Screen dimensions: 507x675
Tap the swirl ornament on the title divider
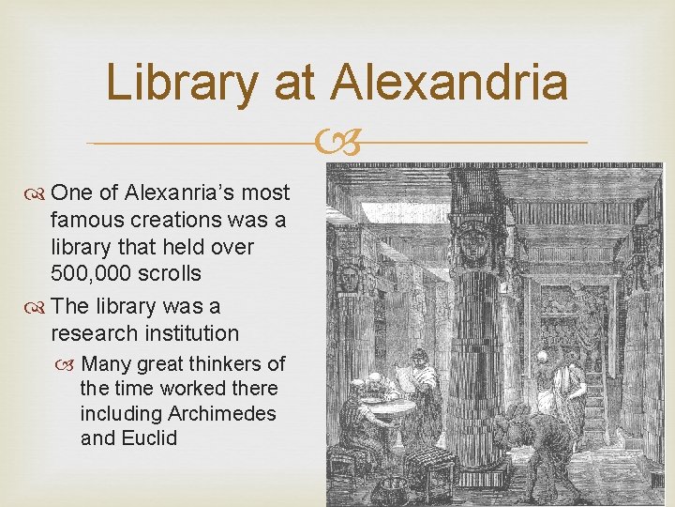coord(337,144)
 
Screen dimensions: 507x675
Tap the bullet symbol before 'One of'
coord(37,193)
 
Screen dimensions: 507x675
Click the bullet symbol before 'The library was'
coord(37,306)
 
